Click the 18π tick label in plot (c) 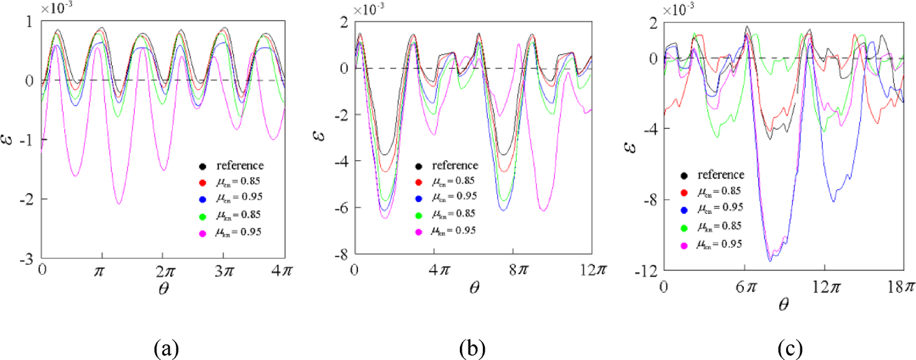coord(900,287)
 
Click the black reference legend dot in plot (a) coord(203,166)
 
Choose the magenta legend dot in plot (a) coord(203,231)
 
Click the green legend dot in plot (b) coord(419,215)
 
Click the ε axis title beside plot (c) coord(628,147)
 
